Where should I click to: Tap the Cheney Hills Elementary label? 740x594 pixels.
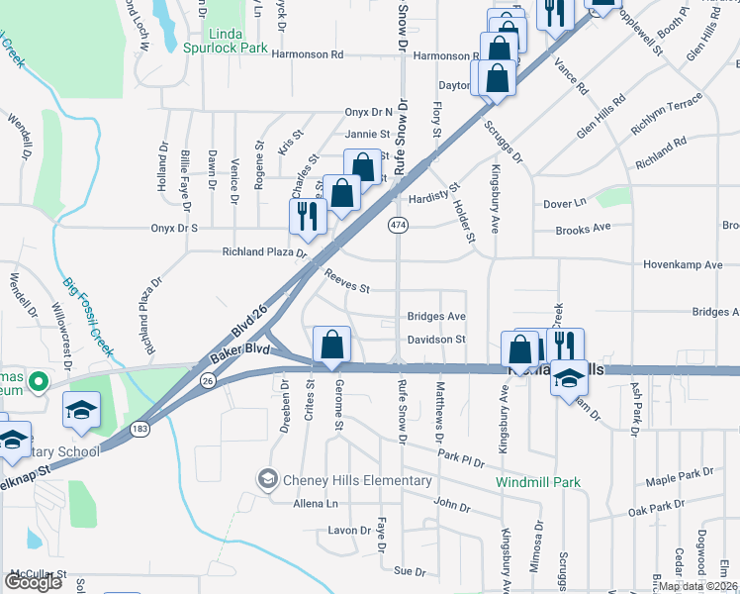[356, 481]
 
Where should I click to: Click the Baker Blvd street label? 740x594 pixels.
[243, 349]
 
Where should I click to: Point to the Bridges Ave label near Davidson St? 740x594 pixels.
[436, 317]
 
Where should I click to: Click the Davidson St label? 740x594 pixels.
[436, 340]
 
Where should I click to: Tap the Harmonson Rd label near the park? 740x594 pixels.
[308, 55]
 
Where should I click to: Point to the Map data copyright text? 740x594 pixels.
[698, 586]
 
